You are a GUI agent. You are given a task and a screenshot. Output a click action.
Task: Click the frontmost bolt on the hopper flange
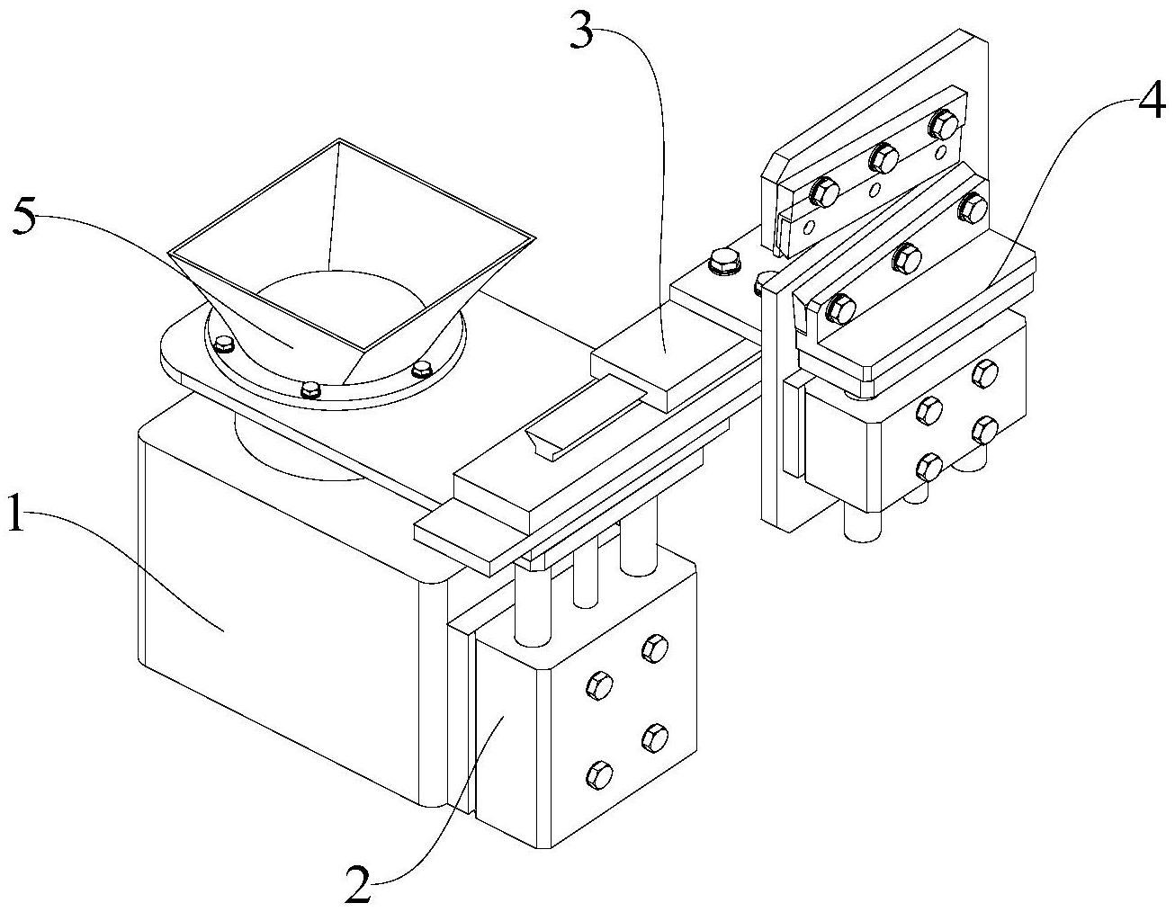[x=311, y=389]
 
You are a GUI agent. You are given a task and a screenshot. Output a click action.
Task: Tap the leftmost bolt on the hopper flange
[x=222, y=343]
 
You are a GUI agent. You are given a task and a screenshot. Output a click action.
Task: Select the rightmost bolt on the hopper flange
[x=420, y=368]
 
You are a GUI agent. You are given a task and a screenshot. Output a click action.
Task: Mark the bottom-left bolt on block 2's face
[x=600, y=773]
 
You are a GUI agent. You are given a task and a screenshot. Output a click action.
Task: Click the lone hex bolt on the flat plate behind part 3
[x=722, y=262]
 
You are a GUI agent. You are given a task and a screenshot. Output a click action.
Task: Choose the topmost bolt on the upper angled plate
[x=941, y=123]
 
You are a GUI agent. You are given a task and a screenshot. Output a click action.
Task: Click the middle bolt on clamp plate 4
[x=906, y=258]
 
